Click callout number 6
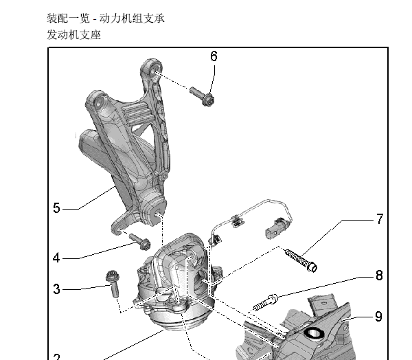(x=214, y=56)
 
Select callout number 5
(x=56, y=207)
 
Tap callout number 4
(x=56, y=258)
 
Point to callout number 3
(x=56, y=289)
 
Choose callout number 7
(x=379, y=220)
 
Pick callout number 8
(x=378, y=276)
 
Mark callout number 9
(x=378, y=317)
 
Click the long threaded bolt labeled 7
(x=301, y=260)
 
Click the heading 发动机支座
(x=73, y=34)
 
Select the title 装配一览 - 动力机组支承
(x=105, y=18)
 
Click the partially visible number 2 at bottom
(x=56, y=357)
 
